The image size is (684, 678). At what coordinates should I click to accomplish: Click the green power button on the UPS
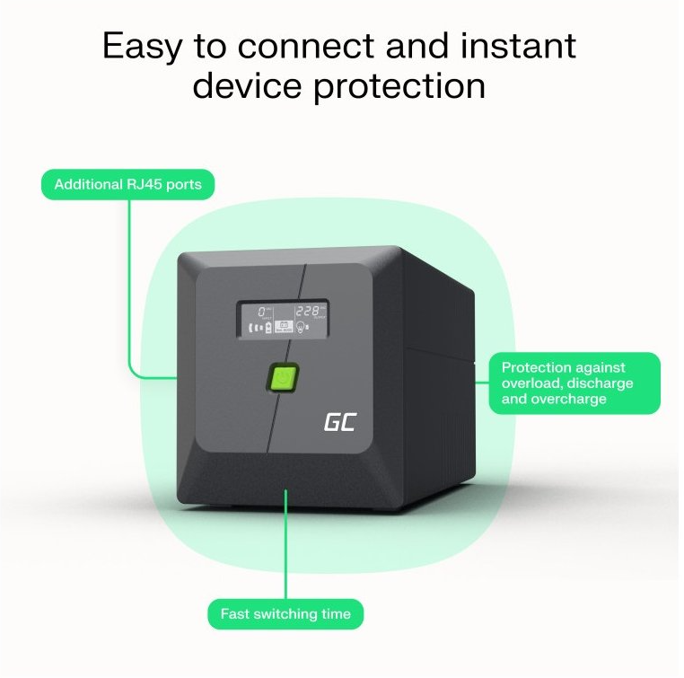pos(282,379)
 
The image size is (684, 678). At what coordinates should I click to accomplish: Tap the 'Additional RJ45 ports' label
pos(128,185)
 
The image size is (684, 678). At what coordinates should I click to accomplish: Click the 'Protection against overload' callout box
pos(574,383)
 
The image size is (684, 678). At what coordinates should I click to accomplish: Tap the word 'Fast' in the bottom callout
pos(235,614)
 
